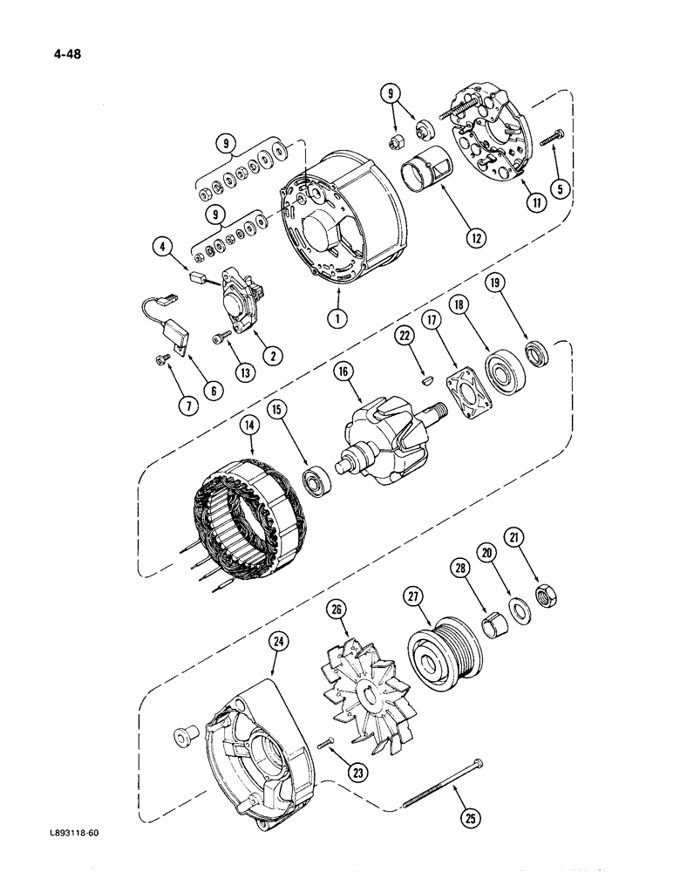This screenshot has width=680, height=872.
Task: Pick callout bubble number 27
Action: coord(413,597)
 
